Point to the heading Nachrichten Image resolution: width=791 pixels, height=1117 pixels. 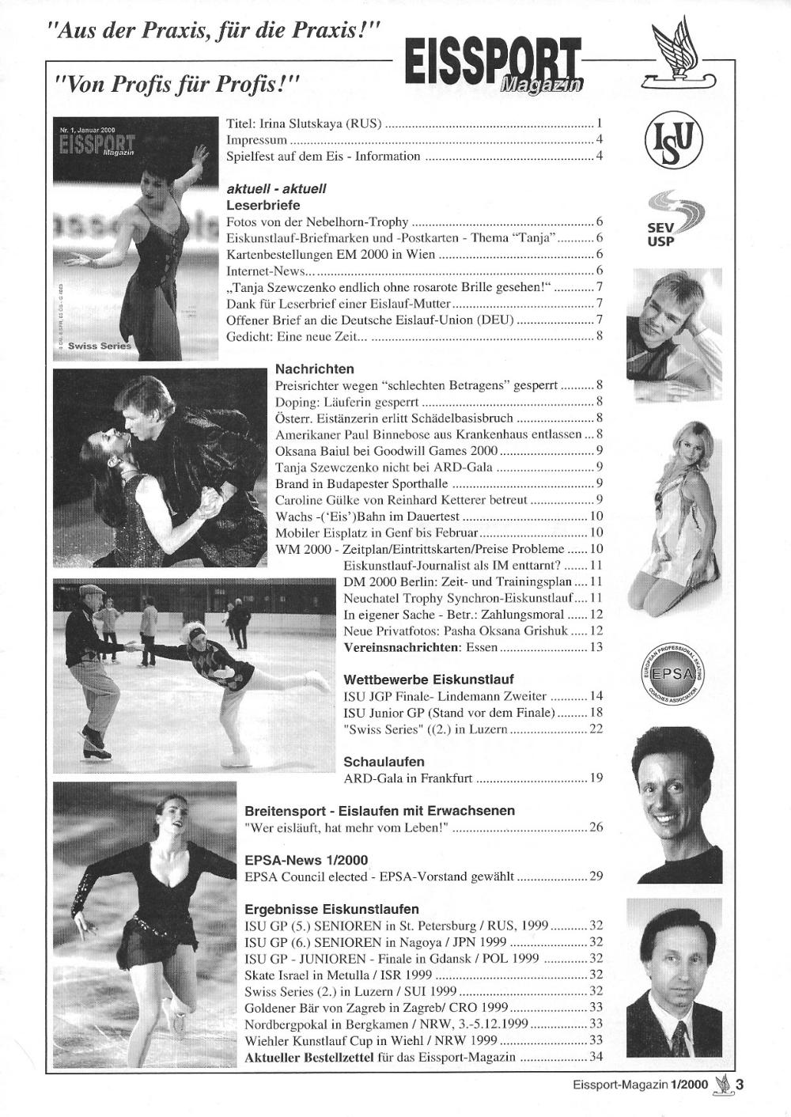tap(314, 369)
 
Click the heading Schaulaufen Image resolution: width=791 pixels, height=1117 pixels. tap(384, 762)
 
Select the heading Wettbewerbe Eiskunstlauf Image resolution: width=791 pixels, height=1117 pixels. tap(429, 680)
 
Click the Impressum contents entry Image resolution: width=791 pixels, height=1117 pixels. tap(256, 140)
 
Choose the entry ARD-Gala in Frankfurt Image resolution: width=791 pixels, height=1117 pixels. tap(407, 778)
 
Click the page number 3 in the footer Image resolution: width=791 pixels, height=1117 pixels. tap(740, 1086)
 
